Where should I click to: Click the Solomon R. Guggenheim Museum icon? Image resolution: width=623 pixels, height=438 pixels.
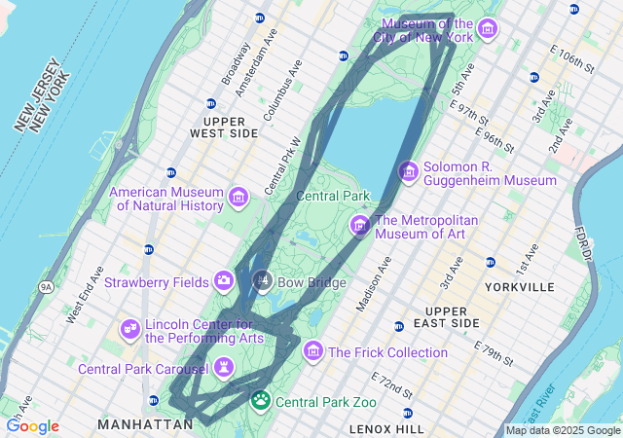click(x=409, y=172)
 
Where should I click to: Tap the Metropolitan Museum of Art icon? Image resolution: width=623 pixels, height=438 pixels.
click(x=360, y=227)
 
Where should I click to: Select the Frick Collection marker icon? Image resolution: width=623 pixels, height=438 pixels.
click(x=313, y=350)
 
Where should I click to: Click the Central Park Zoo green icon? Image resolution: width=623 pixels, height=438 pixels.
click(x=261, y=400)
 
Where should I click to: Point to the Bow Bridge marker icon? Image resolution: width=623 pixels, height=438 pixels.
click(x=262, y=282)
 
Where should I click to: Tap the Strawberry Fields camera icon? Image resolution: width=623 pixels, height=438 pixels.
click(x=225, y=281)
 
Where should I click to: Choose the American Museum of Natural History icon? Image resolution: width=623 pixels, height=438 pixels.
click(x=238, y=200)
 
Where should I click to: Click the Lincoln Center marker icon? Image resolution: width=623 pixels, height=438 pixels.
click(x=130, y=330)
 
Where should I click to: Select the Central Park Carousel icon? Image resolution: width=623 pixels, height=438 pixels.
click(x=225, y=368)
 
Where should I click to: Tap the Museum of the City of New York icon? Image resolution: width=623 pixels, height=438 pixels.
click(x=487, y=29)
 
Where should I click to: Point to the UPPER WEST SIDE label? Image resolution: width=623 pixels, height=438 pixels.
click(x=224, y=126)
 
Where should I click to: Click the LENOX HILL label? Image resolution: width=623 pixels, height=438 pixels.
click(x=386, y=428)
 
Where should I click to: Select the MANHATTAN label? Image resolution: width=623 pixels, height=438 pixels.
click(x=146, y=424)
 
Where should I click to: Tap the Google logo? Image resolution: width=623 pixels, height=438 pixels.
click(x=32, y=426)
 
